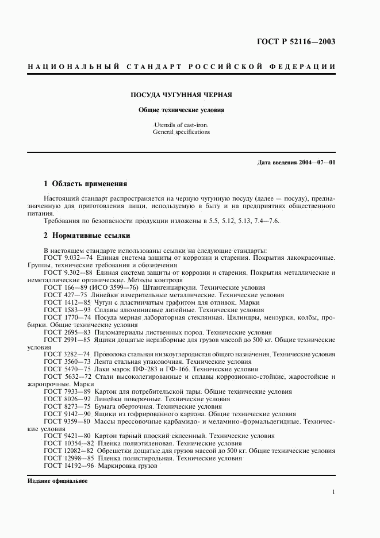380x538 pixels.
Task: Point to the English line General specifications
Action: (x=182, y=132)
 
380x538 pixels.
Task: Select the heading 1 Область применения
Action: (x=85, y=184)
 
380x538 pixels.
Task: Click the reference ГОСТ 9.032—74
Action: (x=64, y=258)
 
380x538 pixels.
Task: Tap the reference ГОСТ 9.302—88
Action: (x=64, y=272)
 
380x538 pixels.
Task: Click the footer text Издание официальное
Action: (x=57, y=481)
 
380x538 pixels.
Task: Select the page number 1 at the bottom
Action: (x=333, y=492)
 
